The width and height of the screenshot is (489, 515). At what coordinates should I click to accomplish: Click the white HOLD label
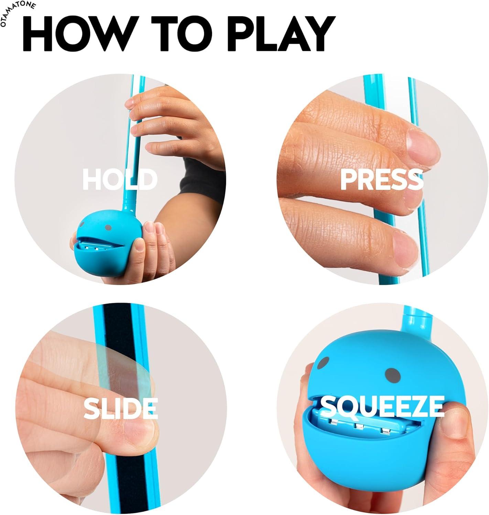click(x=120, y=179)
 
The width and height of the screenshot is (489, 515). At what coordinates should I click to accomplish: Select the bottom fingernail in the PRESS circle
click(x=406, y=245)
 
